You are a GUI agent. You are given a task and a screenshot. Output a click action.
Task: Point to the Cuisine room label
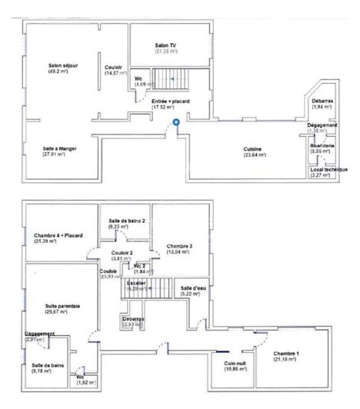[x=253, y=148]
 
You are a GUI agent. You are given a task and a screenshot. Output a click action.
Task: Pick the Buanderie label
[x=322, y=144]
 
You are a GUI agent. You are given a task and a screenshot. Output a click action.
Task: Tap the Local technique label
[x=328, y=169]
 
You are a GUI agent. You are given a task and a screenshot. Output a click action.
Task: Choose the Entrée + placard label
[x=171, y=101]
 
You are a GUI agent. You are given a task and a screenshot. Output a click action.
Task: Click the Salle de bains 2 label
[x=127, y=221]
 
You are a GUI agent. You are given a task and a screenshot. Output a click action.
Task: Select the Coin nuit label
[x=235, y=364]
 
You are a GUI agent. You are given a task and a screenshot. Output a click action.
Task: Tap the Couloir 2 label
[x=122, y=252]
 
